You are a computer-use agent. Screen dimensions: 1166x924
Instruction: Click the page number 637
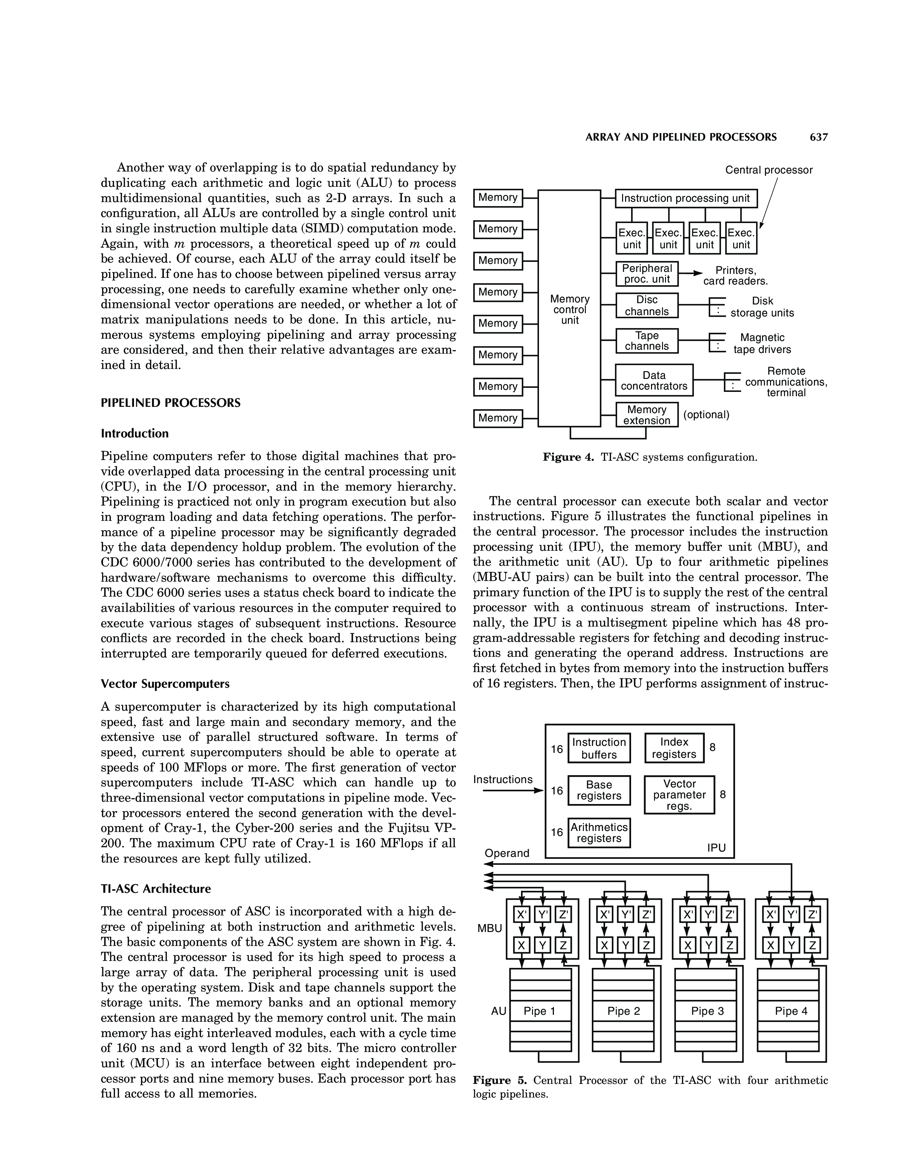[x=819, y=137]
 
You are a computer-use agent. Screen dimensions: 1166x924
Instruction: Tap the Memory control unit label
[x=570, y=309]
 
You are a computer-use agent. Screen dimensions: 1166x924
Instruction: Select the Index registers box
[x=674, y=748]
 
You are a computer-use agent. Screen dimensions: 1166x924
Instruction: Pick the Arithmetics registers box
[x=599, y=833]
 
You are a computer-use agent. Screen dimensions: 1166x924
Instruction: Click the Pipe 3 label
[x=707, y=1011]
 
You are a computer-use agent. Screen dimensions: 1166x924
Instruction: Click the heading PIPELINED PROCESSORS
[x=171, y=403]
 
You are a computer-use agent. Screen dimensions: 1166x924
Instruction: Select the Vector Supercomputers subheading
[x=165, y=684]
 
